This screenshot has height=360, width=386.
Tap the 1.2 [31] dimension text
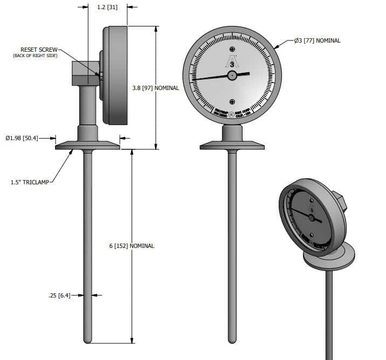click(x=107, y=7)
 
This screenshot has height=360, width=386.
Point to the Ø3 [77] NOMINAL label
click(x=317, y=40)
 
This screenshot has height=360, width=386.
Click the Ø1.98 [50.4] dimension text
click(x=22, y=139)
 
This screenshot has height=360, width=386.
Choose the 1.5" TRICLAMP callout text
click(x=30, y=183)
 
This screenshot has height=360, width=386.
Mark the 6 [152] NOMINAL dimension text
click(x=132, y=246)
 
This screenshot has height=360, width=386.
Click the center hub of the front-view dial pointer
click(x=232, y=75)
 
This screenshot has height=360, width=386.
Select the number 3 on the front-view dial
click(x=232, y=63)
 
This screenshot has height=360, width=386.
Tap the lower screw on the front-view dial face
click(x=232, y=102)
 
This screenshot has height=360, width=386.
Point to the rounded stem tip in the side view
click(x=88, y=340)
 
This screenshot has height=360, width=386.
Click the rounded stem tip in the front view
click(x=232, y=340)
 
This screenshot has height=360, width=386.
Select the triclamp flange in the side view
click(x=87, y=145)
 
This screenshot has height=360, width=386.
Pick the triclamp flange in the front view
click(x=232, y=145)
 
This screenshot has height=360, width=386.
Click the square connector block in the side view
click(x=85, y=73)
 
